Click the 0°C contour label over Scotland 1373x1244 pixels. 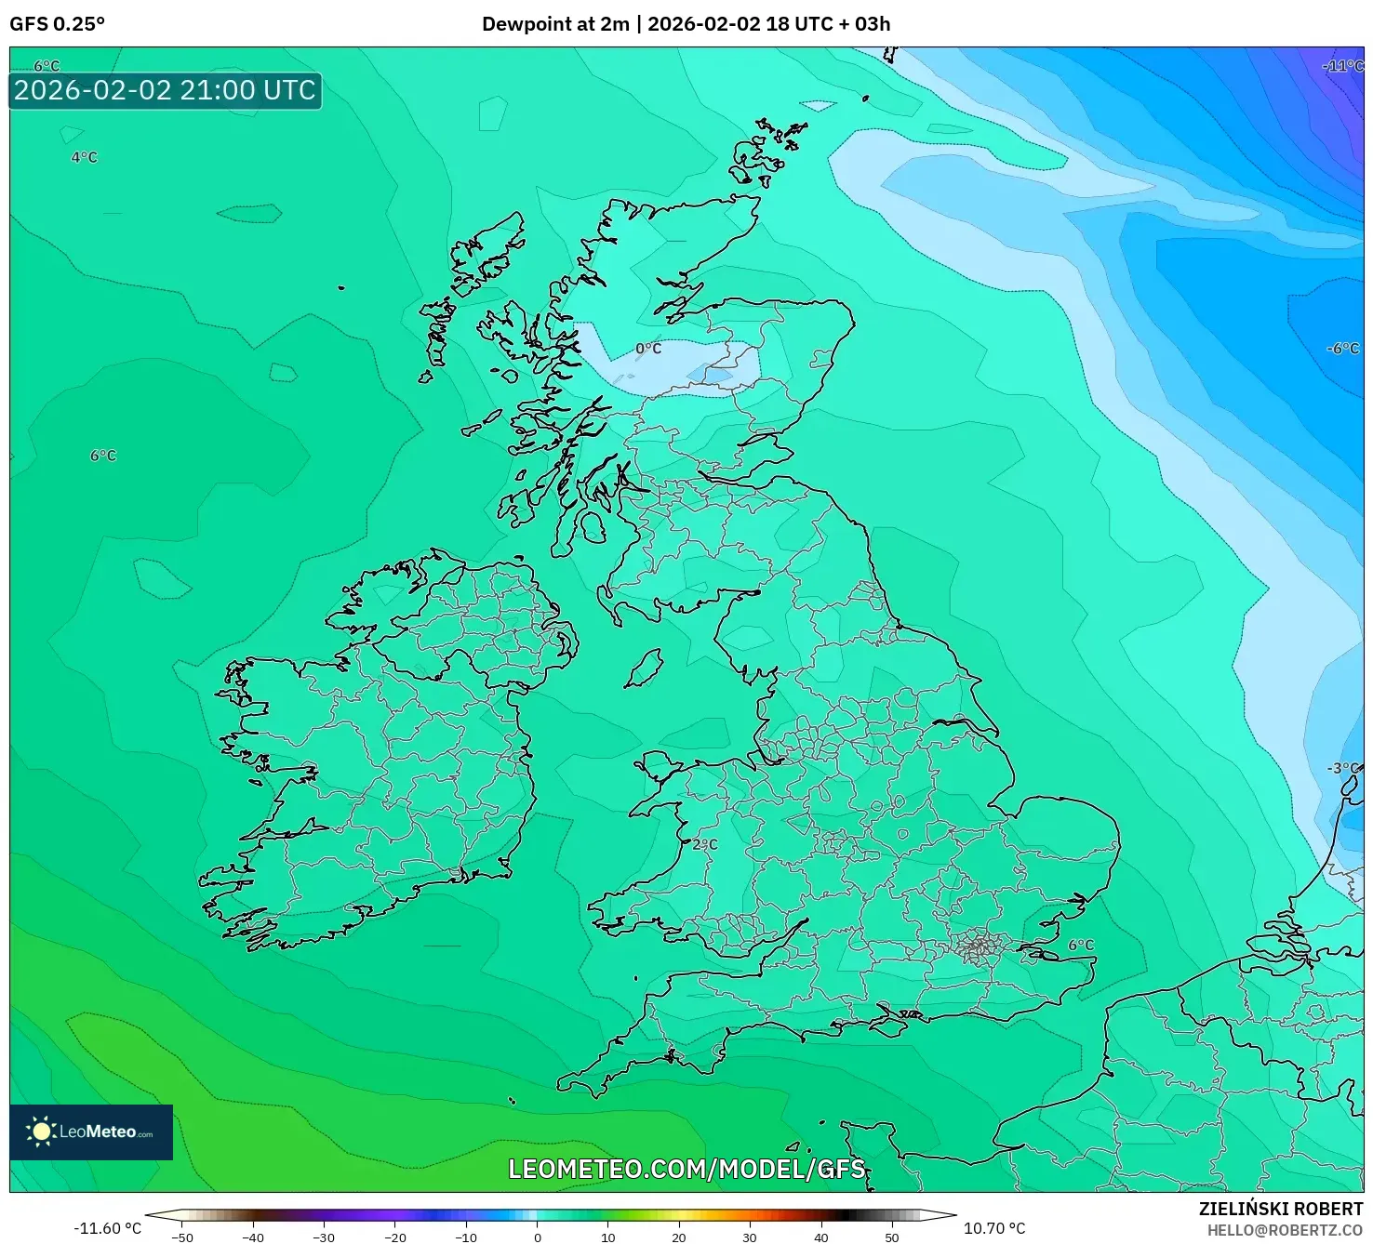coord(648,349)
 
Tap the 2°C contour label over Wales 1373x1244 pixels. coord(705,844)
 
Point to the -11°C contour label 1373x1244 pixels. coord(1342,66)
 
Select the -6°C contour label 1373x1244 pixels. coord(1342,349)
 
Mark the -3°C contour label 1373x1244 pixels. coord(1343,768)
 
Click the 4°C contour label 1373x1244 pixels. coord(84,157)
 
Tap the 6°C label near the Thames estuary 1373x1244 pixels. coord(1081,945)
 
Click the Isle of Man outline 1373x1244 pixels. coord(644,668)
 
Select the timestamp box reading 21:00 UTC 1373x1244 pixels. coord(165,91)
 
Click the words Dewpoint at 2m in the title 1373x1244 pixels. coord(555,24)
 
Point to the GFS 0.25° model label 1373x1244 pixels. coord(57,24)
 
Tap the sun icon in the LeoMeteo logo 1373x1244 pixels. coord(41,1132)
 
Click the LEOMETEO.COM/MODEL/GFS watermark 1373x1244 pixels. coord(686,1169)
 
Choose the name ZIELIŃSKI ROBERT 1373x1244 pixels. coord(1280,1209)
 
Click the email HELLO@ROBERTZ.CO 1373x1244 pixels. coord(1285,1230)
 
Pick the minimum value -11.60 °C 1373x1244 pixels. coord(107,1228)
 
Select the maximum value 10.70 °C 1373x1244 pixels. coord(994,1228)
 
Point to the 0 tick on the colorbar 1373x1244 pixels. coord(537,1237)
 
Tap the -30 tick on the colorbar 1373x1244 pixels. coord(324,1237)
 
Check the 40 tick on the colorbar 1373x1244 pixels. coord(820,1237)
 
